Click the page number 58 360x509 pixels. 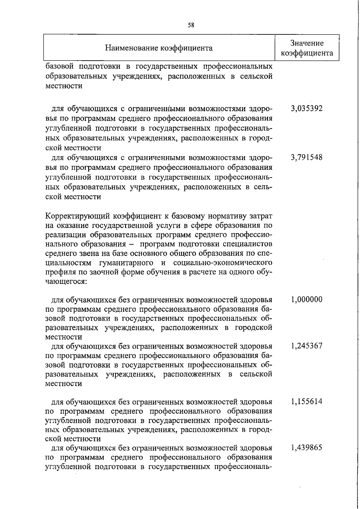click(x=191, y=25)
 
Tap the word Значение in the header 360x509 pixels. click(x=307, y=43)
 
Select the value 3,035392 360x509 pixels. click(x=307, y=108)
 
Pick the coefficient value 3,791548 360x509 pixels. click(x=307, y=157)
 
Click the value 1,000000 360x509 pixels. click(x=307, y=299)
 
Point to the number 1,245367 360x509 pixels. click(x=307, y=346)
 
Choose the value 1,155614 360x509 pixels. click(x=307, y=401)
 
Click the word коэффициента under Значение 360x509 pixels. click(x=307, y=53)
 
